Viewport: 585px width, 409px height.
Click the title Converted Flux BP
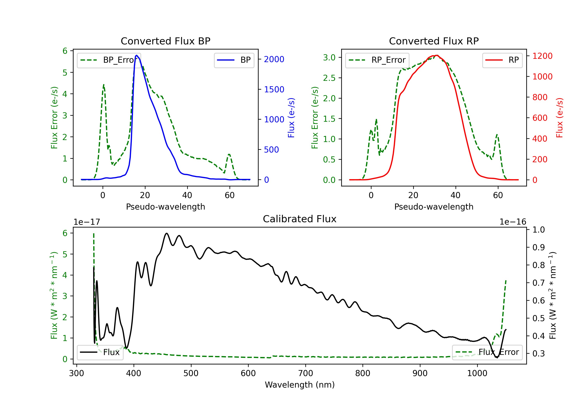point(165,41)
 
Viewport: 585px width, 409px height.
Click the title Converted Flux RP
point(434,41)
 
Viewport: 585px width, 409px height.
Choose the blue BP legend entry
point(234,60)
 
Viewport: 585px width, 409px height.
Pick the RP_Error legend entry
point(377,60)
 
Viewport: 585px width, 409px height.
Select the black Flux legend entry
point(100,352)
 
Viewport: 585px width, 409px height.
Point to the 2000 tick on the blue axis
point(274,59)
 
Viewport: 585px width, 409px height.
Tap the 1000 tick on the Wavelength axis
point(477,373)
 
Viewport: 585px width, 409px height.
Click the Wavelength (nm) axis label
point(300,385)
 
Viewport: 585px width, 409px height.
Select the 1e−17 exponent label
point(87,222)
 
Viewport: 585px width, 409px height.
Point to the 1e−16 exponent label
point(513,222)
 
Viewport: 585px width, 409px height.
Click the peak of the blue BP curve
point(136,55)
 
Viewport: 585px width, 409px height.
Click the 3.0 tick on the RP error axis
point(329,57)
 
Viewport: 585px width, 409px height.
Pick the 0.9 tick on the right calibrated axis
point(539,247)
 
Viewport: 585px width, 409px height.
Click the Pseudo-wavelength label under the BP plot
point(165,207)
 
